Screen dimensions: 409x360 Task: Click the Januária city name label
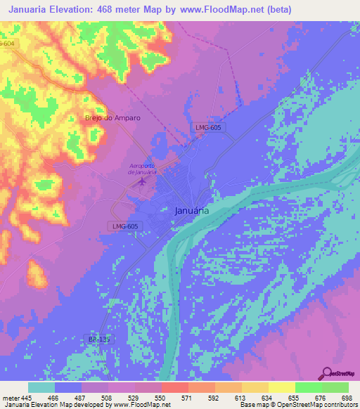pyautogui.click(x=191, y=209)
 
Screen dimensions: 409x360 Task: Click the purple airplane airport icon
pyautogui.click(x=143, y=182)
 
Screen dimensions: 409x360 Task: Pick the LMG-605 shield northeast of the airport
pyautogui.click(x=209, y=127)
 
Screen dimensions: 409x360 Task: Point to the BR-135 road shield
pyautogui.click(x=98, y=338)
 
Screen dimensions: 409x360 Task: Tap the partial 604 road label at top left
pyautogui.click(x=7, y=44)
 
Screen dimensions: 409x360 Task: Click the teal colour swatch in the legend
pyautogui.click(x=41, y=387)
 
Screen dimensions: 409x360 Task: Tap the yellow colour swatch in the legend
pyautogui.click(x=281, y=387)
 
